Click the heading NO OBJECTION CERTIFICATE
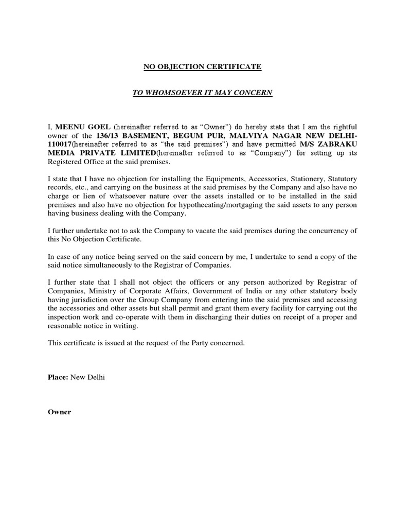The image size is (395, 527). (x=202, y=67)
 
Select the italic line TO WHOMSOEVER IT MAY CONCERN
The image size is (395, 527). (x=202, y=92)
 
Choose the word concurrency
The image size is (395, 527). (x=323, y=231)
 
